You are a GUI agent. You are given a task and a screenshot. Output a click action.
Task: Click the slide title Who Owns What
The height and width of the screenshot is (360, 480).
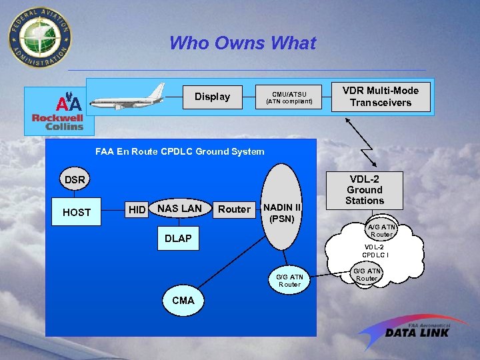pos(243,43)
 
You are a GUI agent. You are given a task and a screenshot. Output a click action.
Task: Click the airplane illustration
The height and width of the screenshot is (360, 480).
pos(128,96)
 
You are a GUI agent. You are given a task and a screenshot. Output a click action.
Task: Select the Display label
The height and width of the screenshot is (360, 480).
pos(212,97)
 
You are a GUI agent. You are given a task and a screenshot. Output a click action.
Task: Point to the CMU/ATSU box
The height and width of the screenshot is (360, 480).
pos(289,97)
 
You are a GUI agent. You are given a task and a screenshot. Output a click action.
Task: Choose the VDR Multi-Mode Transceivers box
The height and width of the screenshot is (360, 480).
pos(381,97)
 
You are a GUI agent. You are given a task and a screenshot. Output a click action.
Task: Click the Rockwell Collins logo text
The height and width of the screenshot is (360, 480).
pos(58,122)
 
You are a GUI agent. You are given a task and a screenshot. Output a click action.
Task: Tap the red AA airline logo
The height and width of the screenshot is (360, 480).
pos(69,103)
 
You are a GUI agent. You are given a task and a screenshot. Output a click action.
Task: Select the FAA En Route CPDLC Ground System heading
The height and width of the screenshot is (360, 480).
pos(179,151)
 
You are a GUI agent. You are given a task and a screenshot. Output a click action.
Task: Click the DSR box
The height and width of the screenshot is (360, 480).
pos(75,180)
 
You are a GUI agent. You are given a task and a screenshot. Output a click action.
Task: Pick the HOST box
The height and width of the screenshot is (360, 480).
pos(77,212)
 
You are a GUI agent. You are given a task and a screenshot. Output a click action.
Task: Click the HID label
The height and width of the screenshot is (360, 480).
pos(137,210)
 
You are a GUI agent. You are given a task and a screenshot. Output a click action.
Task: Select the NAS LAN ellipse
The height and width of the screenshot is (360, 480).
pos(179,209)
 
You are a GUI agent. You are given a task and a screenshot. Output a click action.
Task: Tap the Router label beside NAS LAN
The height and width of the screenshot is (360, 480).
pos(235,209)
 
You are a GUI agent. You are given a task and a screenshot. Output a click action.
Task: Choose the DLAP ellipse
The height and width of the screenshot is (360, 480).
pos(178,239)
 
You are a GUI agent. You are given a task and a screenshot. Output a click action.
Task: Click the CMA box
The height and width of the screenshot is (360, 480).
pos(183,300)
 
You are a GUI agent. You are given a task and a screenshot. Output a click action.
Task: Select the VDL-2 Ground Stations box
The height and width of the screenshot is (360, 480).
pos(365,190)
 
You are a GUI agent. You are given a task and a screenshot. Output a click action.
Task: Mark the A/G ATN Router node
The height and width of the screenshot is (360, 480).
pos(381,231)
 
